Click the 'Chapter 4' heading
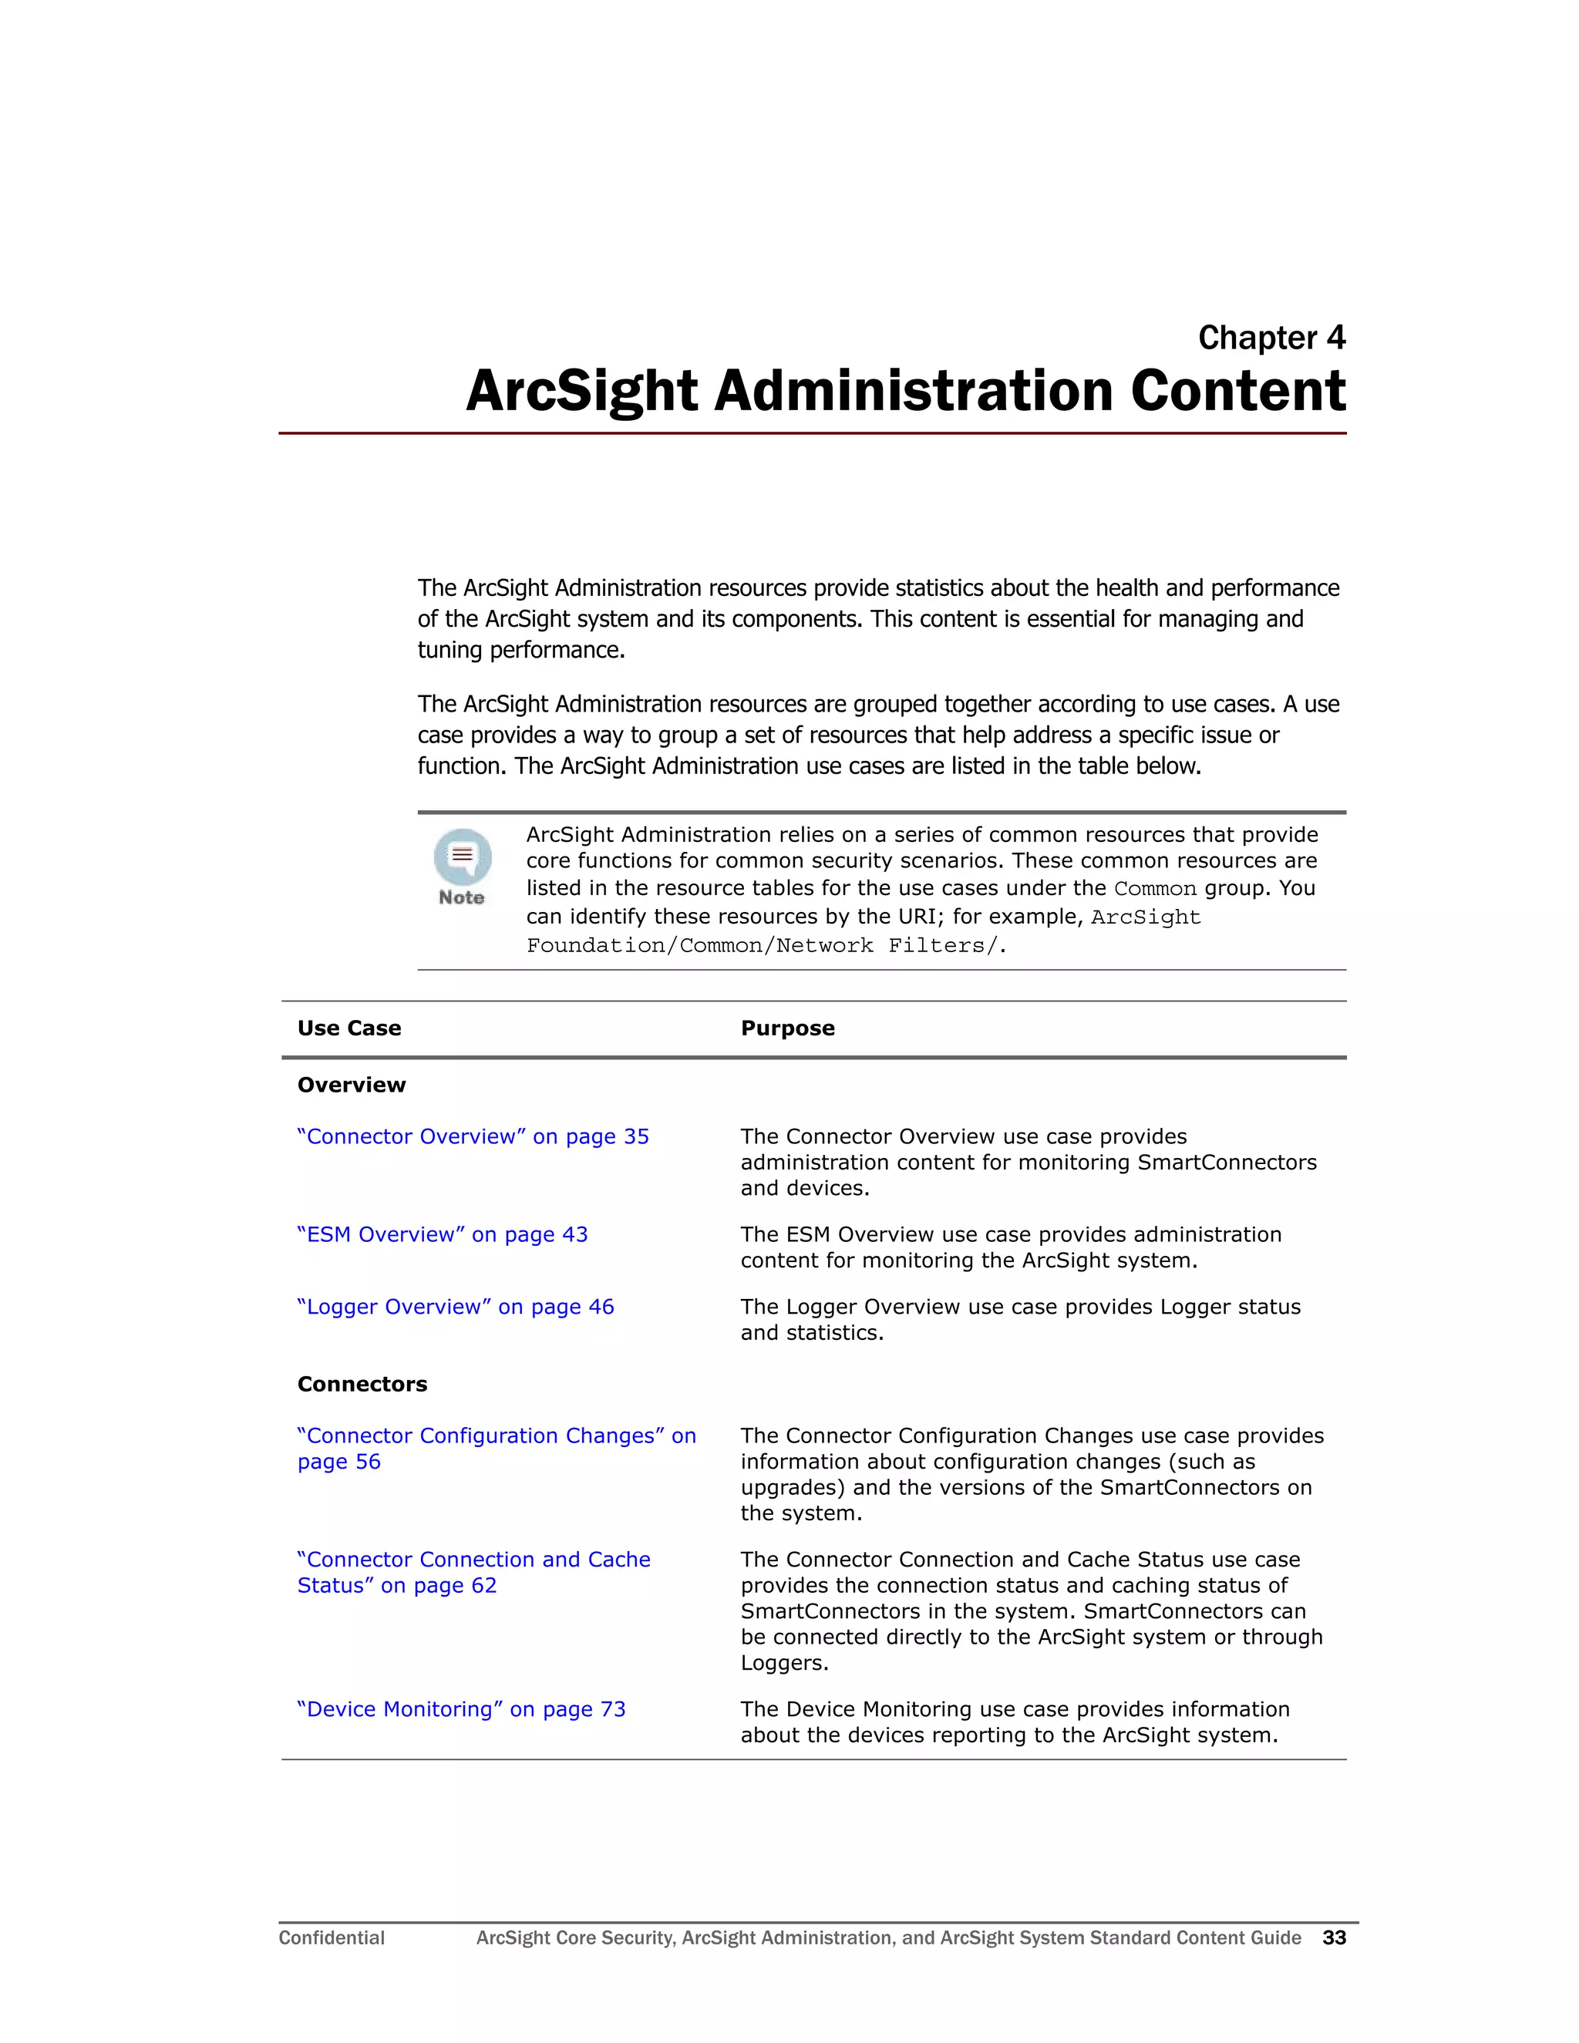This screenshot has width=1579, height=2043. [x=1271, y=338]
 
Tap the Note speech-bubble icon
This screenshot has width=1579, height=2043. [x=462, y=856]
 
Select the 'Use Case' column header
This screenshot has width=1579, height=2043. [x=349, y=1028]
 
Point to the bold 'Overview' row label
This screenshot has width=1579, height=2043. [x=351, y=1085]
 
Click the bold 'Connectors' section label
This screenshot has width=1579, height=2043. [x=362, y=1385]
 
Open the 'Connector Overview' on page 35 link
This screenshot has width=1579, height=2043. [x=473, y=1136]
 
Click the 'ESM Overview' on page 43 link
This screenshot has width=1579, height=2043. [x=443, y=1235]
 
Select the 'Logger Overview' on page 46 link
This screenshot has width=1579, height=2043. [x=456, y=1307]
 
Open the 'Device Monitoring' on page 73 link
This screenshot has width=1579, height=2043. [x=461, y=1709]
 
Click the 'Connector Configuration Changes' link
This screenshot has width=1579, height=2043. [x=496, y=1437]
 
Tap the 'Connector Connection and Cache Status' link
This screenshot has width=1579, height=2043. [x=473, y=1560]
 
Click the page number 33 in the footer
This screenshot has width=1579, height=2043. [x=1333, y=1938]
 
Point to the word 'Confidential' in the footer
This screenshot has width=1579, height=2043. [x=331, y=1938]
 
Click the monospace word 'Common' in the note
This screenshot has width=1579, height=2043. [x=1154, y=889]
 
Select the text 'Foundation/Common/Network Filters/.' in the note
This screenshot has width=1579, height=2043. [x=765, y=946]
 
